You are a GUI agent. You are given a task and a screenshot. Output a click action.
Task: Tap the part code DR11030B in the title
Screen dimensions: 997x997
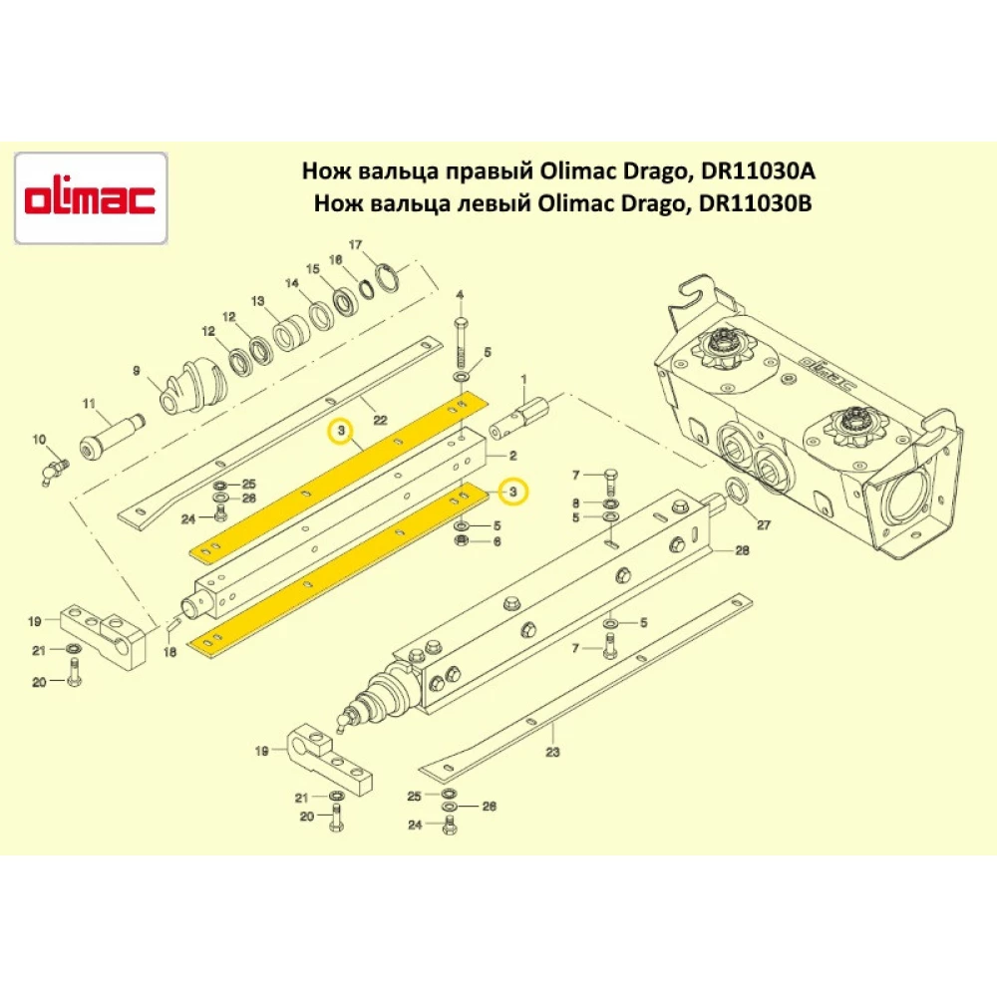tap(759, 204)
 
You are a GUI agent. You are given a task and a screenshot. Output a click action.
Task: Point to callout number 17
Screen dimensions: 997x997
tap(354, 245)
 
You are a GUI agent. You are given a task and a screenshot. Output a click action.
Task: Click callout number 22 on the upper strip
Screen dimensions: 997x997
tap(378, 404)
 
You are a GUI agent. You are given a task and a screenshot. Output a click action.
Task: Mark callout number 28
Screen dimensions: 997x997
tap(742, 550)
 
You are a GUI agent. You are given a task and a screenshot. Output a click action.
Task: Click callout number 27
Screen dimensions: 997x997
tap(765, 523)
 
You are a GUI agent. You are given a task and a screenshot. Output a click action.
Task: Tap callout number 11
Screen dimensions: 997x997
tap(88, 404)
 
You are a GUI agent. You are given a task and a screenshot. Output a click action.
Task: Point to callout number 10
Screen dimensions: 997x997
tap(41, 439)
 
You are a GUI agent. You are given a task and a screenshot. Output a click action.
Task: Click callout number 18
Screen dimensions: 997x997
tap(168, 652)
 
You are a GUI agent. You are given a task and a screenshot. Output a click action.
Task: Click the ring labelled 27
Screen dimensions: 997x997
tap(737, 491)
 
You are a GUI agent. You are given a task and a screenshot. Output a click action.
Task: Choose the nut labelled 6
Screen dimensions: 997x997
tap(463, 540)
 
